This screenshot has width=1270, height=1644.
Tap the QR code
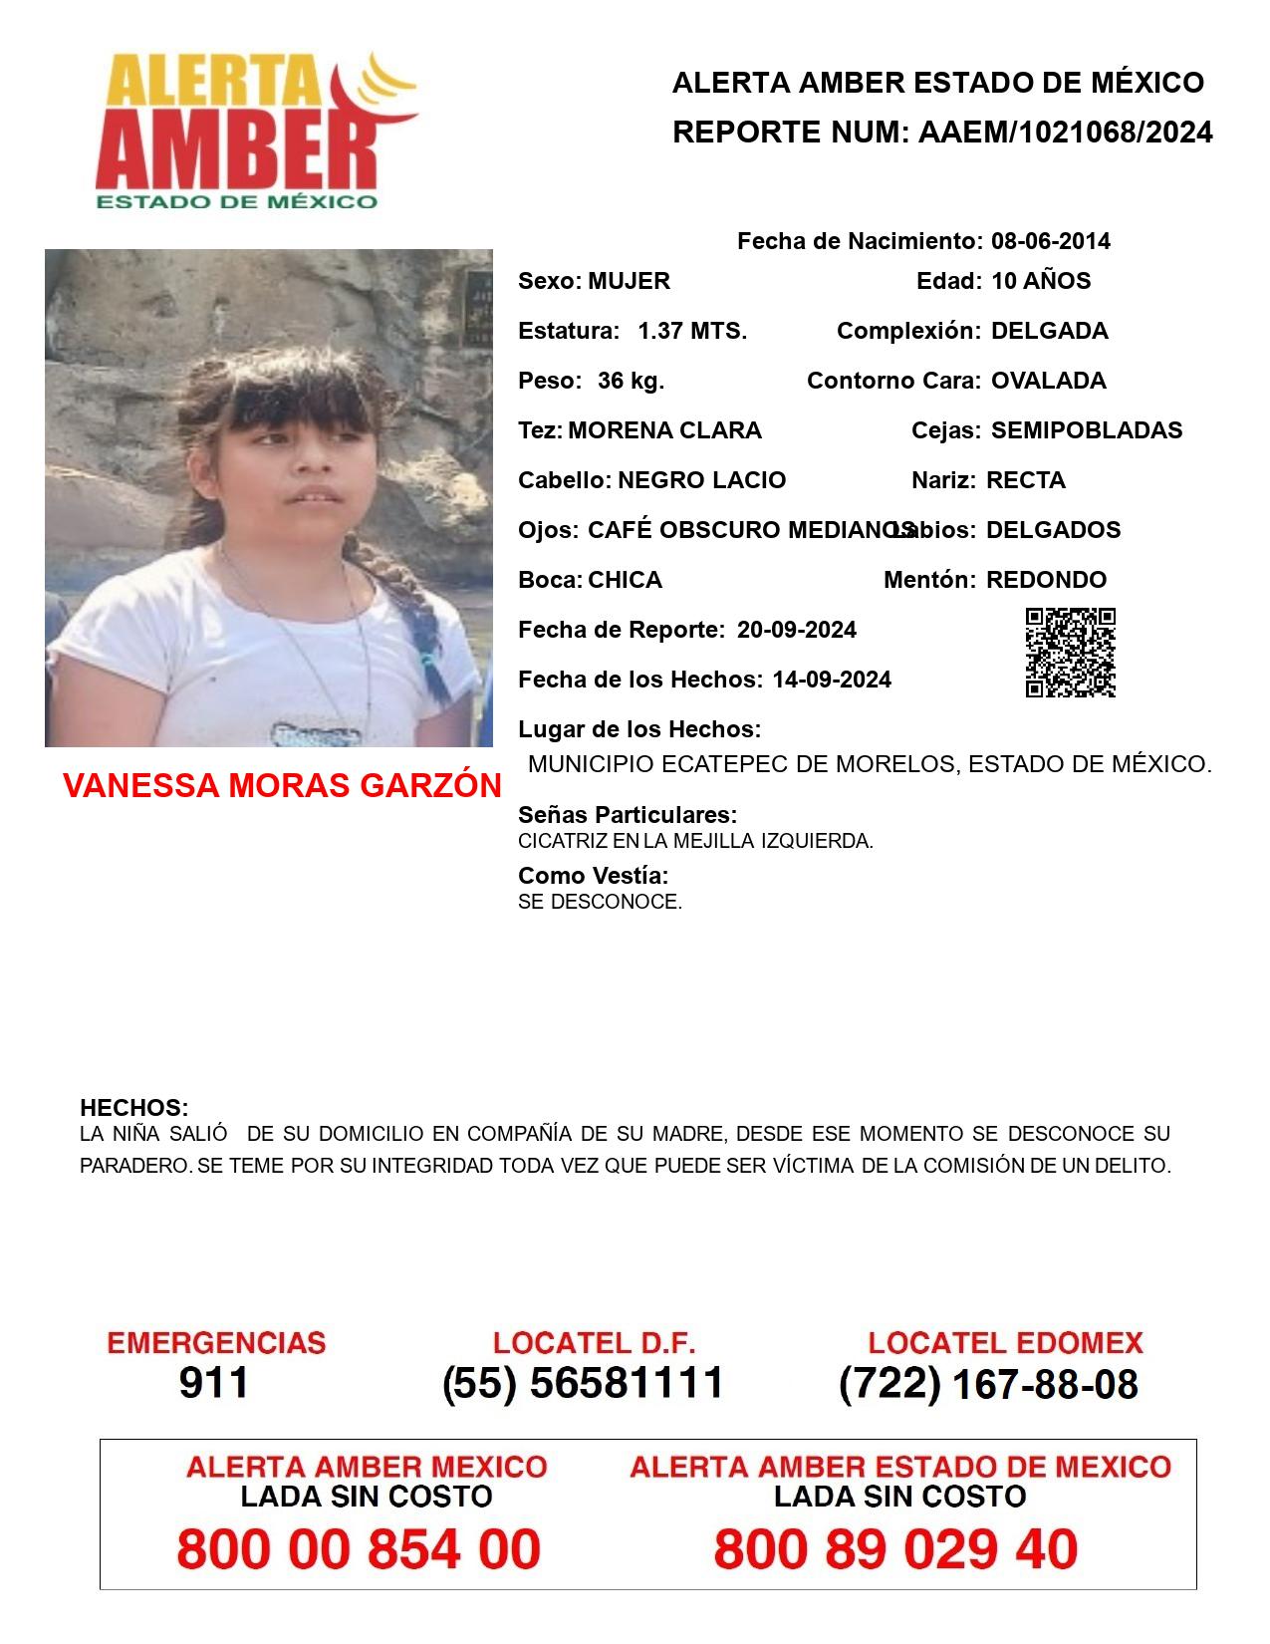click(x=1070, y=653)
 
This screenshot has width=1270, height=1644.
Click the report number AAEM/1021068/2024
click(x=1065, y=133)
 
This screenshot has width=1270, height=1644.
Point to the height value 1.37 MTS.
click(x=692, y=331)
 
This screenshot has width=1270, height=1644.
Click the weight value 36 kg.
click(x=631, y=381)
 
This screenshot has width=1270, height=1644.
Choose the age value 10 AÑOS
click(x=1041, y=281)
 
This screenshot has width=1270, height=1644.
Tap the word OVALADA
click(x=1048, y=381)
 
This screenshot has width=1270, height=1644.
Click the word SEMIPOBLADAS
click(x=1087, y=430)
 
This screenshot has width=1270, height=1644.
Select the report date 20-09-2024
click(x=796, y=630)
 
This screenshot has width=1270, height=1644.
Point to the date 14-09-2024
click(x=831, y=680)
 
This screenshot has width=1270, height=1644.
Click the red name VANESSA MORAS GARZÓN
click(x=282, y=786)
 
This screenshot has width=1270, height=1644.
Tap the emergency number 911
click(x=214, y=1383)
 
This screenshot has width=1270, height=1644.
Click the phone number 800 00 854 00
click(x=359, y=1549)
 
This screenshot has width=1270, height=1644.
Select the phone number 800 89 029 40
click(x=895, y=1549)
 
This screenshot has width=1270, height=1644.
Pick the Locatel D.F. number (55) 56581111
click(x=583, y=1383)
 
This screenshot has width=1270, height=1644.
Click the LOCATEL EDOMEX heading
click(x=1005, y=1343)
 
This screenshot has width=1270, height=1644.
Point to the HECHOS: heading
click(x=133, y=1108)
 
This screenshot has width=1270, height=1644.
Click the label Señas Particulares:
click(x=628, y=815)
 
